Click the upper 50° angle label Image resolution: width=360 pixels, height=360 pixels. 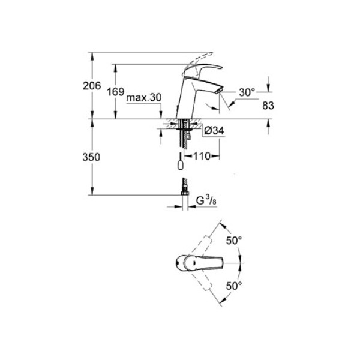234,239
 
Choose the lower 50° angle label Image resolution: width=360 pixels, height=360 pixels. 234,286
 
